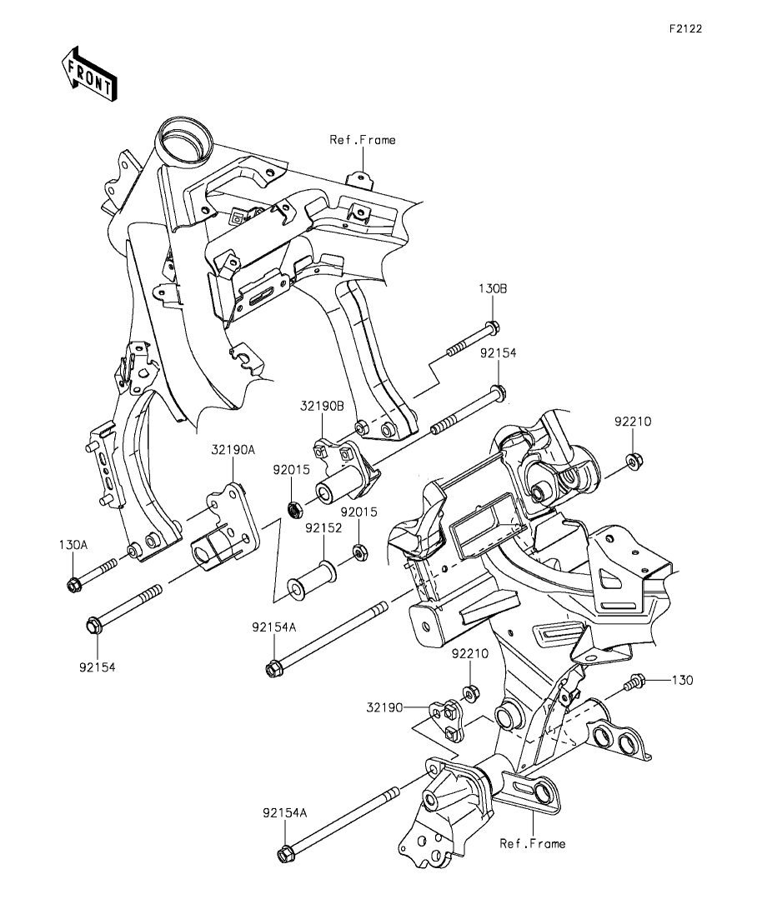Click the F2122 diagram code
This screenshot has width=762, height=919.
click(685, 28)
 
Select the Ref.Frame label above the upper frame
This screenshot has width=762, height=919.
click(362, 140)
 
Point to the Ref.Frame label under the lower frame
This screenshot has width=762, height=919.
click(532, 843)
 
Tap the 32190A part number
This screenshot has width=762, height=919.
click(233, 449)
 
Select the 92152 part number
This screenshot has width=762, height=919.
click(320, 527)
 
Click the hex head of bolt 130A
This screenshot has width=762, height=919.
click(73, 583)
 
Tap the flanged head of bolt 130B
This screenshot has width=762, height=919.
click(493, 328)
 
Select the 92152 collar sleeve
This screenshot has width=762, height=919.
click(310, 580)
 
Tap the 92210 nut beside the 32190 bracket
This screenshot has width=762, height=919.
click(469, 691)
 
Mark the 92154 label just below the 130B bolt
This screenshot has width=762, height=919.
click(498, 353)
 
